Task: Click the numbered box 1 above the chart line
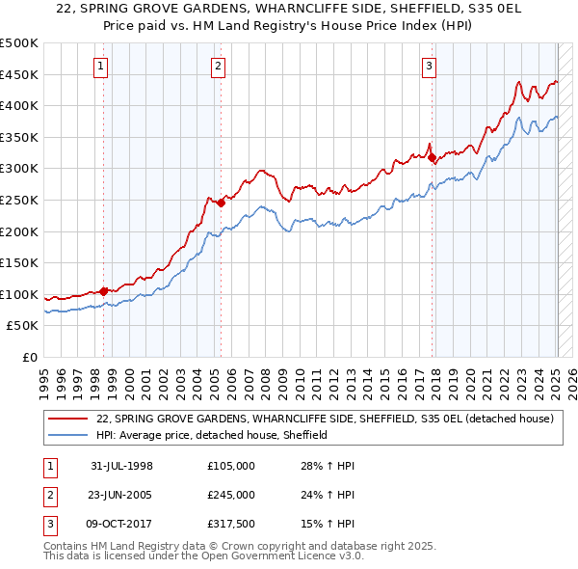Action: [102, 67]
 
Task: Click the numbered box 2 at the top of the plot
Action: [219, 67]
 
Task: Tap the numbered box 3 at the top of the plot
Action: [429, 67]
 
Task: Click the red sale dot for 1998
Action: [104, 290]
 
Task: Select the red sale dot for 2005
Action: [221, 203]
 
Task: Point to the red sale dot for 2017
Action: [432, 157]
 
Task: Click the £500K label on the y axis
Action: [19, 43]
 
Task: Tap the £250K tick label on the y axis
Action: [19, 200]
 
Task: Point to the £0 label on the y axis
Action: [29, 357]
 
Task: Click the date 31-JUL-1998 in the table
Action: [121, 466]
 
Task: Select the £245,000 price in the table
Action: [231, 495]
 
